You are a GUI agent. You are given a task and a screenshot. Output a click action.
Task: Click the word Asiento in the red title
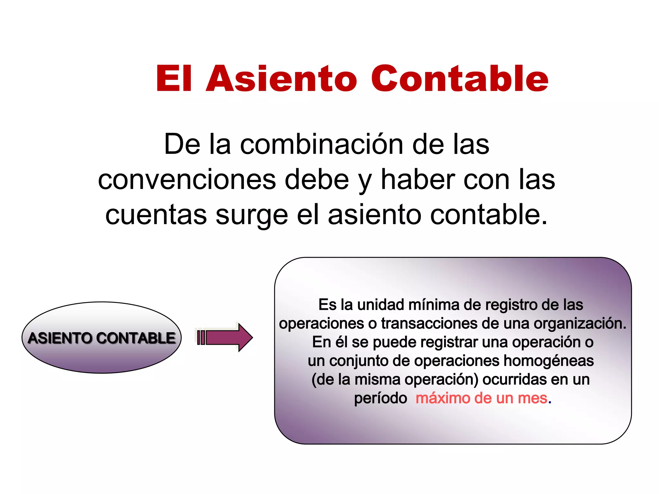[282, 79]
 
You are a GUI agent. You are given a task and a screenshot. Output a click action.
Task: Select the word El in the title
[174, 79]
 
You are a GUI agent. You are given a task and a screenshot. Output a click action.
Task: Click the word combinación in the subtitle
[322, 144]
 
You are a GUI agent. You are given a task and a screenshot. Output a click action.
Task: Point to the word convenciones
[187, 180]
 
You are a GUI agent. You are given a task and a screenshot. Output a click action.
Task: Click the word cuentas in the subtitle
[156, 215]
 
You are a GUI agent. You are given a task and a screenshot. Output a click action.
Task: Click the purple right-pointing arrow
[225, 337]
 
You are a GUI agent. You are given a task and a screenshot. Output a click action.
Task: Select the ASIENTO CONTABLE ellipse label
[102, 338]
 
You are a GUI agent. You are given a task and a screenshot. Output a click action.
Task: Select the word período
[380, 398]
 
